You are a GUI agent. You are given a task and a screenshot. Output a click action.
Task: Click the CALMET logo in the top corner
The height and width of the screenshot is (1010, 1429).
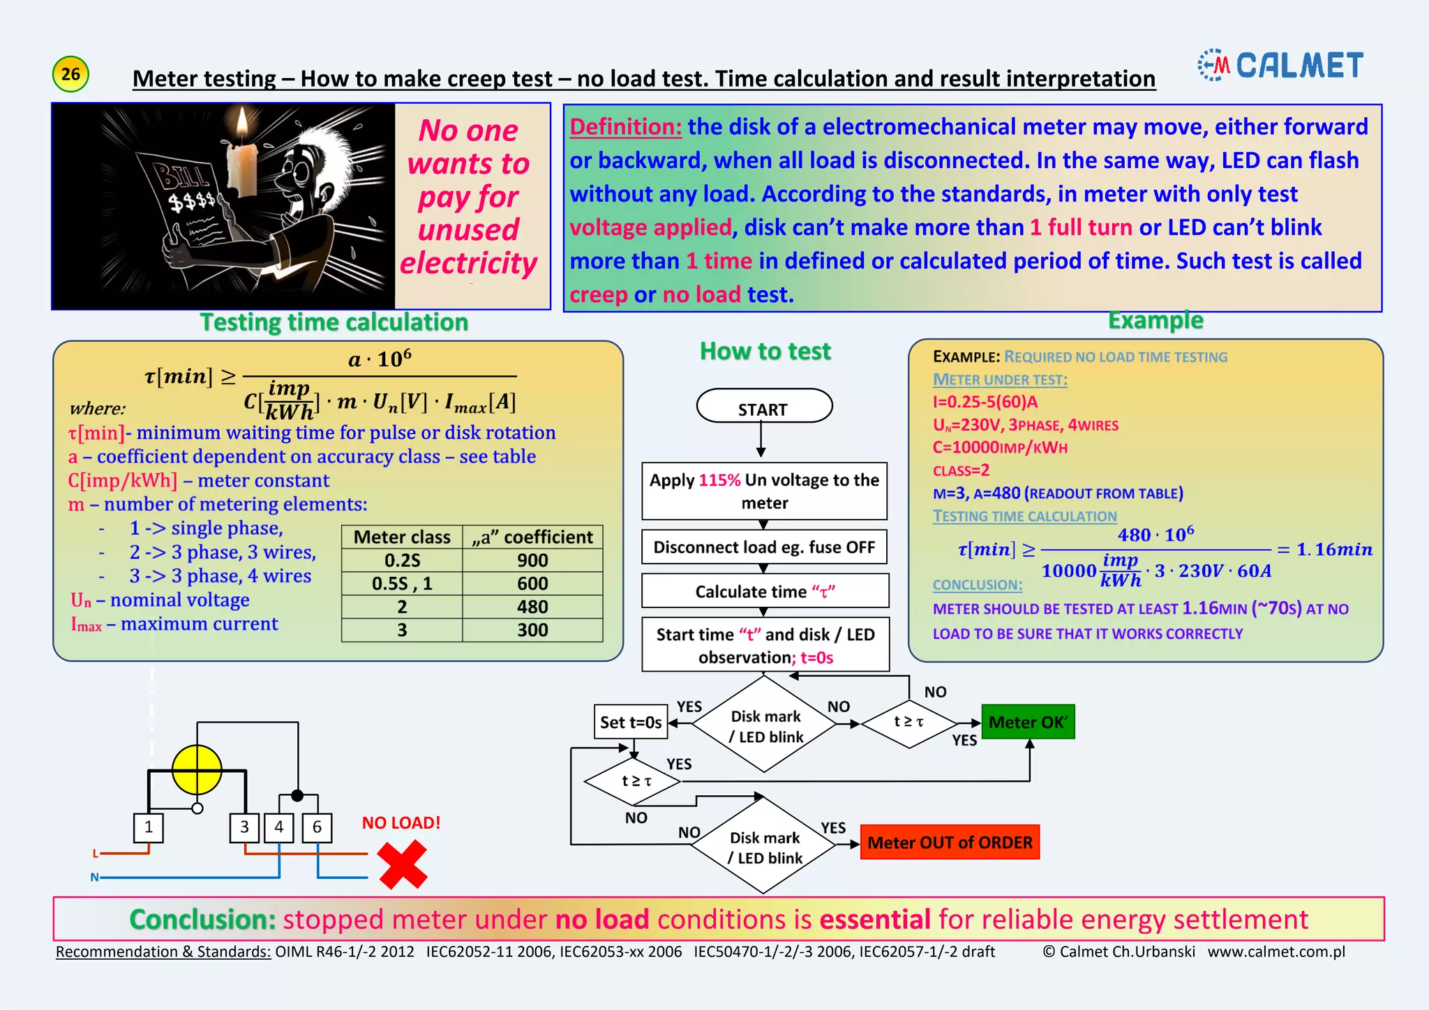pos(1280,66)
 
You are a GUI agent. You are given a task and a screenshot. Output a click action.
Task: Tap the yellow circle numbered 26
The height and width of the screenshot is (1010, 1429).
pos(70,74)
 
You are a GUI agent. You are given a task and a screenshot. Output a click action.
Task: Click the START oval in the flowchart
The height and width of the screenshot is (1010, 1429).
pos(764,407)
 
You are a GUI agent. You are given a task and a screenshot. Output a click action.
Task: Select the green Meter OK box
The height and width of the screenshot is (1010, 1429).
pos(1028,722)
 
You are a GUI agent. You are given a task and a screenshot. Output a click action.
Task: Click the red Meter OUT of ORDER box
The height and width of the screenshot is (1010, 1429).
pos(950,843)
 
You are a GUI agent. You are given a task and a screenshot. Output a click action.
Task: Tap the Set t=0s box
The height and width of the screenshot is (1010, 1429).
pos(631,722)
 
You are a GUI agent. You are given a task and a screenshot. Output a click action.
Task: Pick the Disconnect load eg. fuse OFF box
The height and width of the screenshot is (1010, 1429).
pos(764,548)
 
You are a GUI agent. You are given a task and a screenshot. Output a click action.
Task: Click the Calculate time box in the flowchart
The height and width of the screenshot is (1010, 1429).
pos(765,591)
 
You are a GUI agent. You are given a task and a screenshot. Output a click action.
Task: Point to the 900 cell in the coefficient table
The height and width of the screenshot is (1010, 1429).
pos(532,560)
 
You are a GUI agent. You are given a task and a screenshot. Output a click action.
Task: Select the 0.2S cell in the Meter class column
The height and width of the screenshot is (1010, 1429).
pos(402,560)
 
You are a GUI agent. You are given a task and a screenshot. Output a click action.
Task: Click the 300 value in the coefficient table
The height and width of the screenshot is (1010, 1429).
pos(532,630)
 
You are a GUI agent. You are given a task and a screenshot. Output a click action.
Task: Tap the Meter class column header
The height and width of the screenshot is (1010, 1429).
pos(402,537)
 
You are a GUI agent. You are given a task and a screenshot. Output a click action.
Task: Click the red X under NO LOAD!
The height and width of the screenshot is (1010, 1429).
pos(403,864)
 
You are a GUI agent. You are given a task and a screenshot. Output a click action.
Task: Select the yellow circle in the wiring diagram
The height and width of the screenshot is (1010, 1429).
pos(197,770)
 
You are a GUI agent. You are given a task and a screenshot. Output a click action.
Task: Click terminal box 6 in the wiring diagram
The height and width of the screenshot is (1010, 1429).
pos(317,827)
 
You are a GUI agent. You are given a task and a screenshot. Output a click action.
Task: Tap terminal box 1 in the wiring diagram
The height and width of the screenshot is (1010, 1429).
pos(148,827)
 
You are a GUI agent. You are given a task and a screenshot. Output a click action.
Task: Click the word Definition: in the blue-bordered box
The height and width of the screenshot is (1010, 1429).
pos(625,127)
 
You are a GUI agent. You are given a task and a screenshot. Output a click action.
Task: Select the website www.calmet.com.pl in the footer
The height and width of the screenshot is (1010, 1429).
pos(1276,951)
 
